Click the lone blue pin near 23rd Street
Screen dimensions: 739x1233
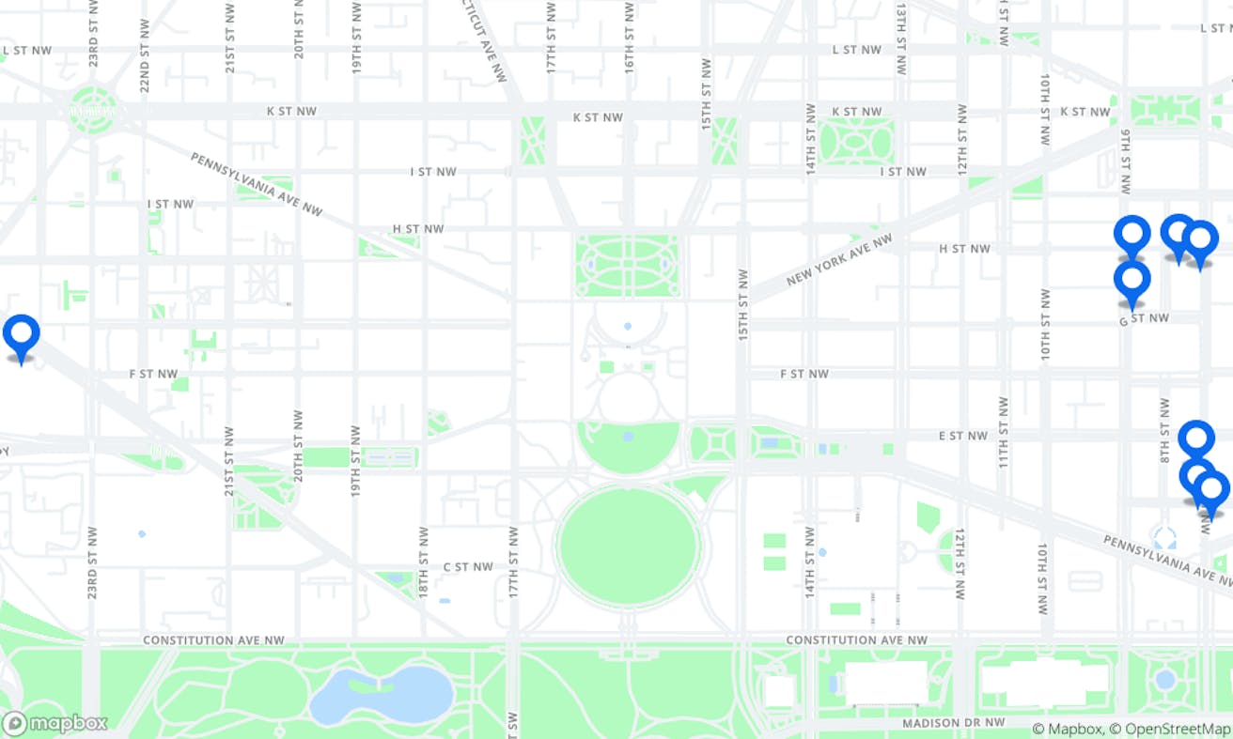(x=21, y=333)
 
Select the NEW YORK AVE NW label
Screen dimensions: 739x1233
(x=839, y=260)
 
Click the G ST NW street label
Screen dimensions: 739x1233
(x=1144, y=319)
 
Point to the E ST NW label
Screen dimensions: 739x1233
(x=963, y=436)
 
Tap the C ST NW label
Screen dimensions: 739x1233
(x=468, y=567)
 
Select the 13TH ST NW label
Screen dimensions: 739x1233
(x=901, y=39)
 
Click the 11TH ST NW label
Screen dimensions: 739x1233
(x=1003, y=432)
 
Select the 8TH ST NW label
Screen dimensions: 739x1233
(x=1164, y=430)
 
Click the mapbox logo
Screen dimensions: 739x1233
(x=55, y=724)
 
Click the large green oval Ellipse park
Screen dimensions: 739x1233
(x=628, y=544)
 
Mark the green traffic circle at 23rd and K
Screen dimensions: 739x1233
(x=92, y=110)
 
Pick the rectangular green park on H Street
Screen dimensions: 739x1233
(x=627, y=266)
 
